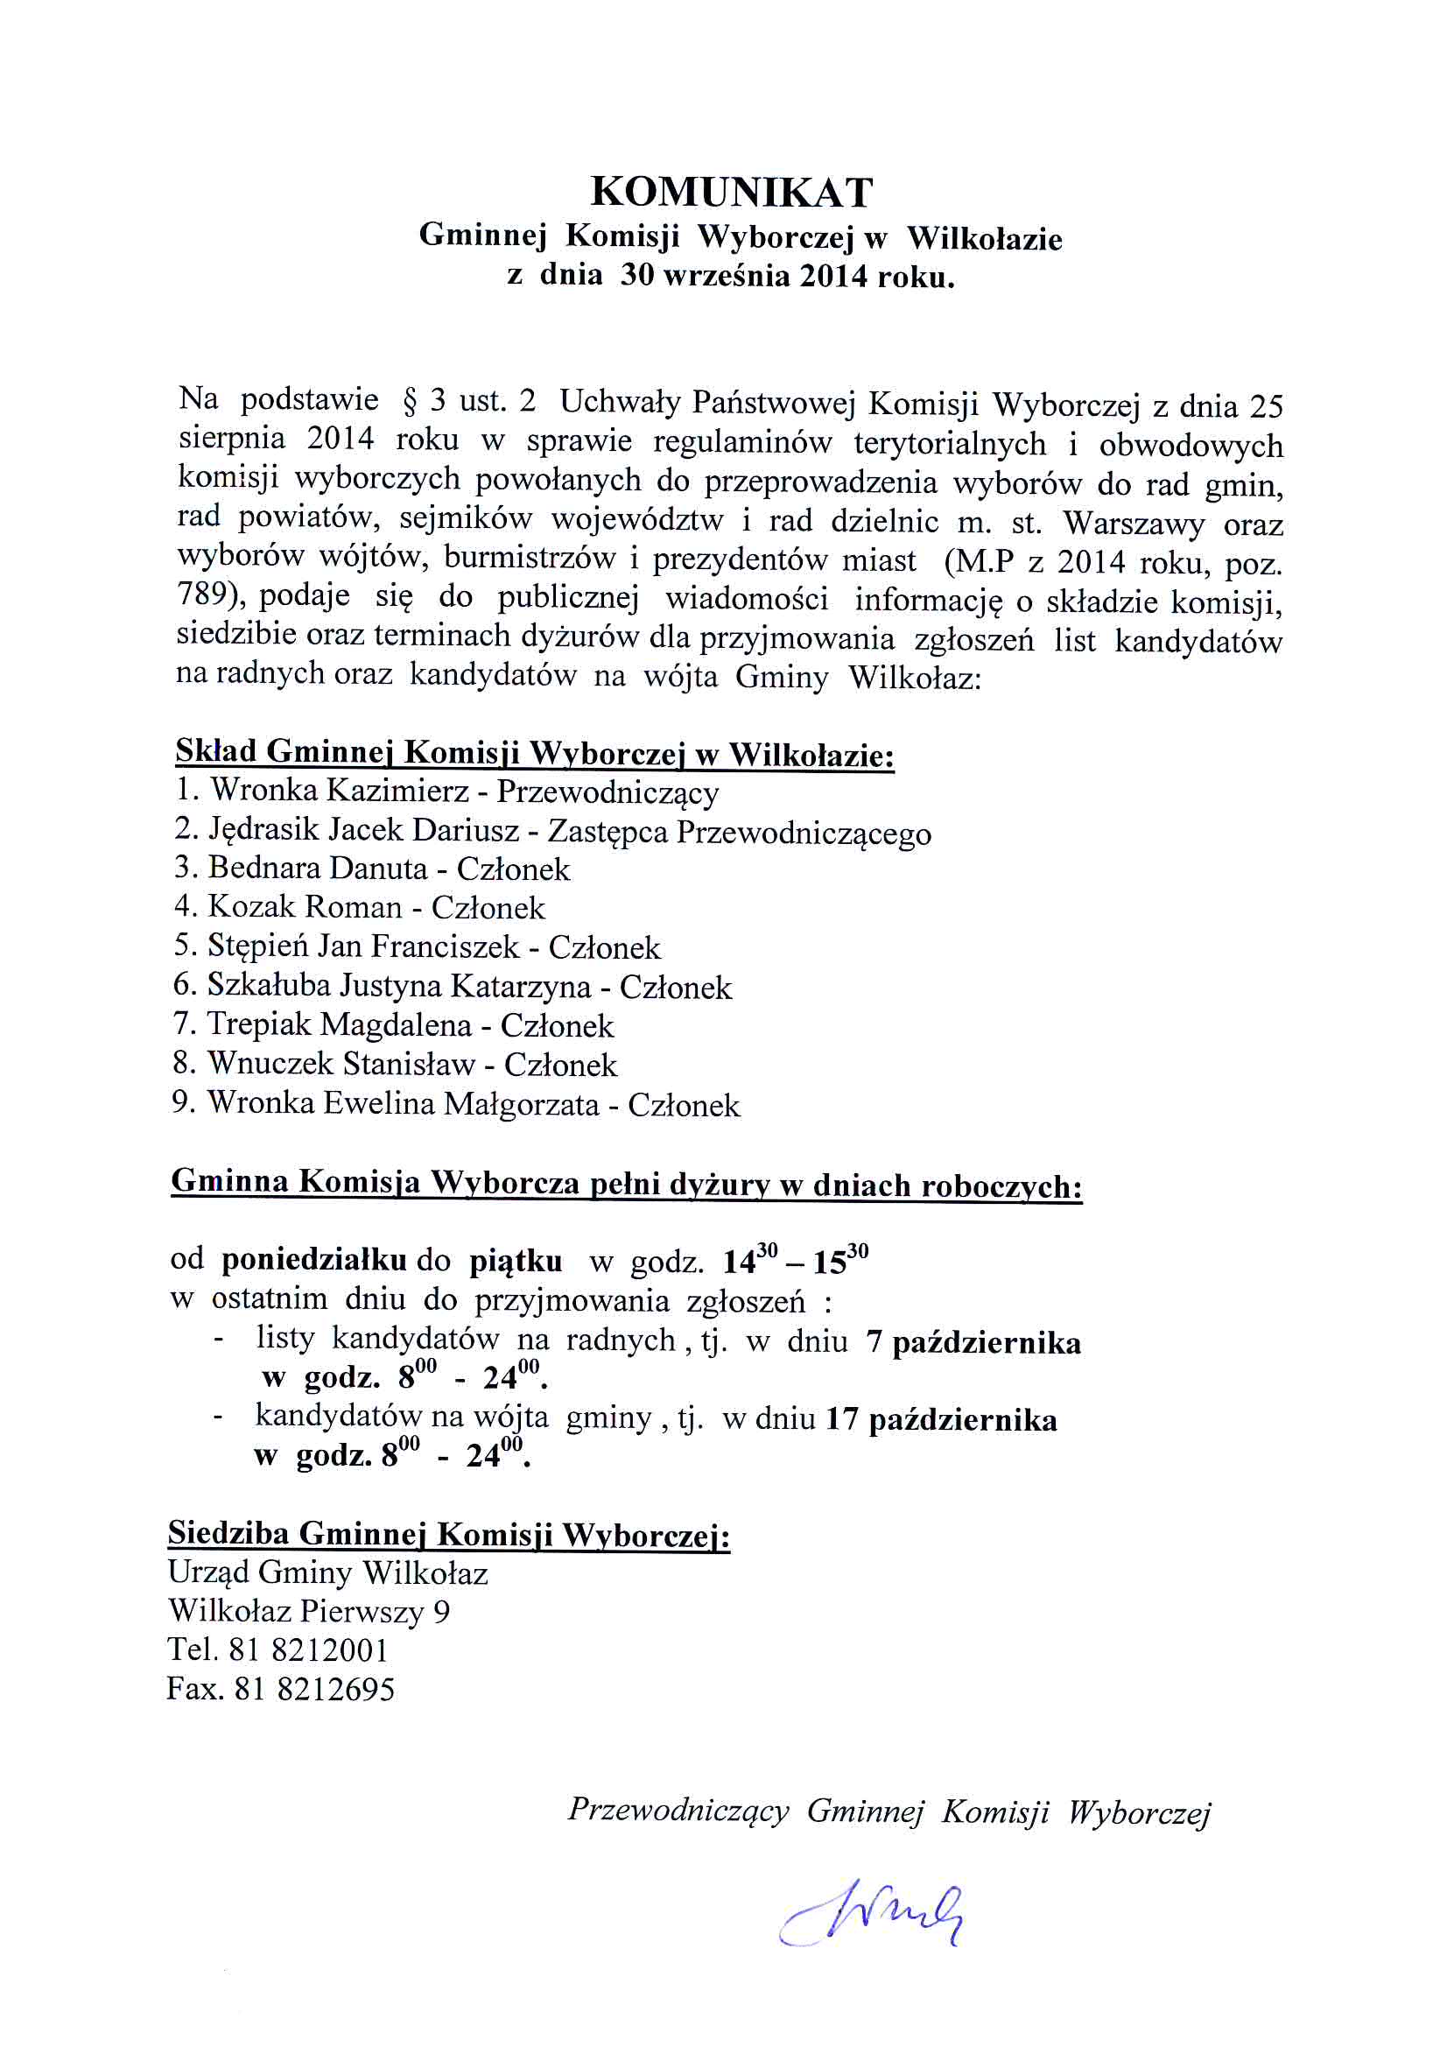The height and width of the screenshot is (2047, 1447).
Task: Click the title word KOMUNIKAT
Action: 731,192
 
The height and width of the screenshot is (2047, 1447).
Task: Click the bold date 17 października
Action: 941,1419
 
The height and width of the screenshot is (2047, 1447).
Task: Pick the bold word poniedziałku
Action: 314,1260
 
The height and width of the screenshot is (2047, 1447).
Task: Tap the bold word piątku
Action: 516,1261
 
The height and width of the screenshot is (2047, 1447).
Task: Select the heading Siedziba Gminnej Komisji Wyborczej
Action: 448,1533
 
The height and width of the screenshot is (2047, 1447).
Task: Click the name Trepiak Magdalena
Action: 339,1024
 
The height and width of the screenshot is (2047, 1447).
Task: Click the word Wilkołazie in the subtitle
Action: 984,239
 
